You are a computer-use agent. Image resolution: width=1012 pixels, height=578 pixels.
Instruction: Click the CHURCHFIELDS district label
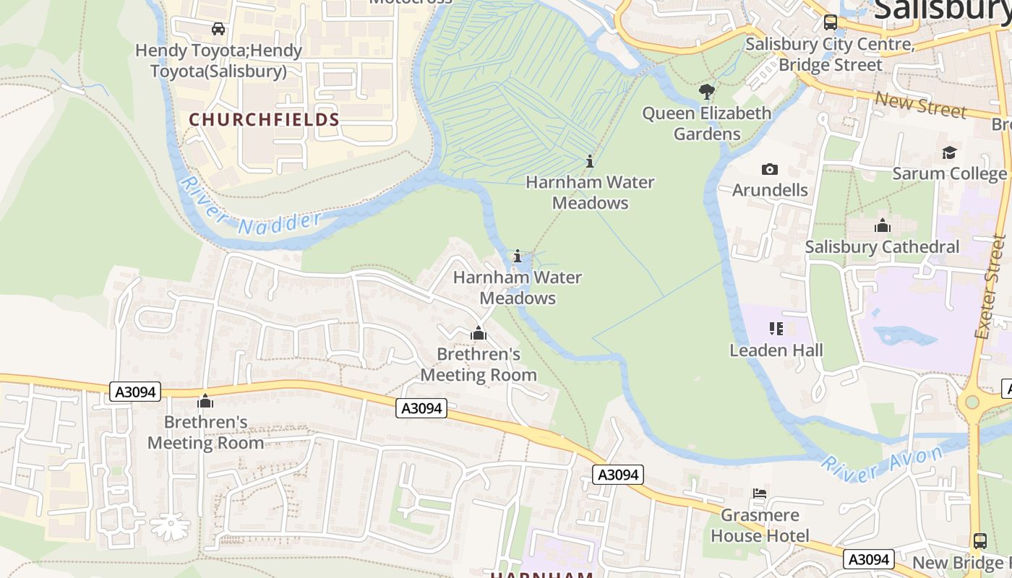tap(264, 119)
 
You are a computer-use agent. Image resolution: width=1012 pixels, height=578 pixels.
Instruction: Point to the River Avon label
tap(882, 463)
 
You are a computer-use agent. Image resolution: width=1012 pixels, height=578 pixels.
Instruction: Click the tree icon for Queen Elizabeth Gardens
tap(707, 92)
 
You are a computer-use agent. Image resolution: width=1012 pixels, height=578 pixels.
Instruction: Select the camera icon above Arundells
tap(770, 169)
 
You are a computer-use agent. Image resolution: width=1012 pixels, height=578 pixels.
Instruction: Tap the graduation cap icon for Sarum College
tap(949, 152)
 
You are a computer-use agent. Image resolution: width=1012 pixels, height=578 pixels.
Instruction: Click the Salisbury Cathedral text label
tap(882, 247)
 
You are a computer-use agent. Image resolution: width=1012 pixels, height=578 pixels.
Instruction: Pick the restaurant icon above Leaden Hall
tap(776, 329)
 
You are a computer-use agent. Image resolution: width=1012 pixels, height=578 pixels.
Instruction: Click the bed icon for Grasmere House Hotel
tap(760, 493)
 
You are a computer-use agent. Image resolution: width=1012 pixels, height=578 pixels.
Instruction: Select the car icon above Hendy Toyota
tap(218, 29)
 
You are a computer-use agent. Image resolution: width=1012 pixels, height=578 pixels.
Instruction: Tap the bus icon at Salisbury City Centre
tap(831, 22)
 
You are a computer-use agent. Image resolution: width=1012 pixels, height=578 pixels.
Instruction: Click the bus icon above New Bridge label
tap(979, 540)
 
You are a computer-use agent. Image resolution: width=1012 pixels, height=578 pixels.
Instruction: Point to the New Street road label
tap(920, 105)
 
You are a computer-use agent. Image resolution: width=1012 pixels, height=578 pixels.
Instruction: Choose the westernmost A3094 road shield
tap(135, 392)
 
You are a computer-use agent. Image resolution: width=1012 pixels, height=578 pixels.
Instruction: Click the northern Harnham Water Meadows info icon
tap(590, 161)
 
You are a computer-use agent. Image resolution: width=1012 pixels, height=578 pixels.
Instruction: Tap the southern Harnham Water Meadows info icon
tap(518, 256)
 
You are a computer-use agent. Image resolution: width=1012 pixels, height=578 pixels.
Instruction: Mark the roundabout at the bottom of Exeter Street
tap(972, 402)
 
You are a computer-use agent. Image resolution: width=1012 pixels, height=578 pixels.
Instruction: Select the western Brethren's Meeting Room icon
tap(206, 401)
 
